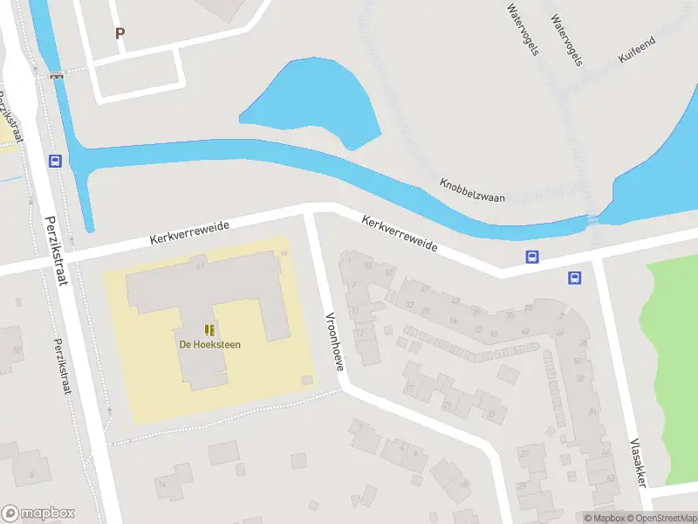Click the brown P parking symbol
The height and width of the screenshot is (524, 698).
click(120, 33)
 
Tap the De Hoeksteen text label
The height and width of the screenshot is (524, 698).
click(210, 344)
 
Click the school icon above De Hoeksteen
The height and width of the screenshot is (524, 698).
click(209, 329)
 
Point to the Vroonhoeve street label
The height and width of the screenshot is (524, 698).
click(336, 341)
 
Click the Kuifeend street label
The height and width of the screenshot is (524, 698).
click(637, 51)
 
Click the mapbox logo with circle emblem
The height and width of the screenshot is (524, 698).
click(38, 514)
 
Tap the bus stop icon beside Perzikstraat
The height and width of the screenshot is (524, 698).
click(55, 161)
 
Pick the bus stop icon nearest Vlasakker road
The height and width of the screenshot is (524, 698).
click(575, 278)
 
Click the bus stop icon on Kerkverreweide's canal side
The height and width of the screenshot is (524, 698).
click(530, 257)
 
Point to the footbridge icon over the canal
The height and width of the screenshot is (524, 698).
click(58, 76)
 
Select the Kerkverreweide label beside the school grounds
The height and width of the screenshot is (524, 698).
click(189, 232)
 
